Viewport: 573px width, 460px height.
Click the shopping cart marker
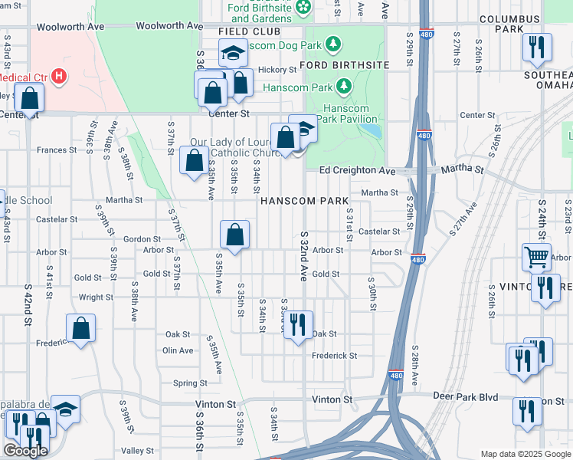point(536,258)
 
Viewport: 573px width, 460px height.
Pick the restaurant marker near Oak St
point(298,324)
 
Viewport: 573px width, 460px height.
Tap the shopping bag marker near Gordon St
point(234,235)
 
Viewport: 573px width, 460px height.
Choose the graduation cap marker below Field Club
point(232,54)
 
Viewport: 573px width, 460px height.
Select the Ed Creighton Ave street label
point(357,170)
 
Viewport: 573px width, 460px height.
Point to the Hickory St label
point(277,70)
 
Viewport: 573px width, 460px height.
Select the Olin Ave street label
point(178,350)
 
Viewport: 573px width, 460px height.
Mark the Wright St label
point(96,297)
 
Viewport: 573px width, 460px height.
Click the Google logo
point(25,451)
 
